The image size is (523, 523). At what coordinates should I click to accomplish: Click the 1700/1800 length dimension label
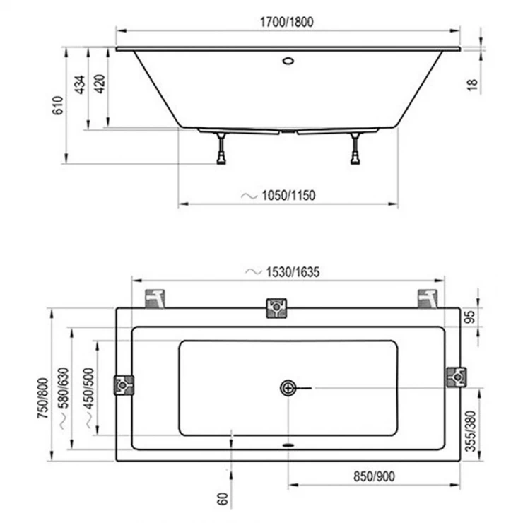point(286,22)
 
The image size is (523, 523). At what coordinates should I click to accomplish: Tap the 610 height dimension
point(58,105)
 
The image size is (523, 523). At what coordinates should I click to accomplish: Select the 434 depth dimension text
point(80,85)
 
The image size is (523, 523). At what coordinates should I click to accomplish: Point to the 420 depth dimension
point(100,83)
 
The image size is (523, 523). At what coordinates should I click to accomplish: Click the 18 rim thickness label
point(472,85)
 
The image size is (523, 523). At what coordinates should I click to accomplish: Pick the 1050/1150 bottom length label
point(288,196)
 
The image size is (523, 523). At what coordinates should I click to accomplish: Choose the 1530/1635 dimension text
point(293,272)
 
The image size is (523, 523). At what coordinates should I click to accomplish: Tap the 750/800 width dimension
point(43,398)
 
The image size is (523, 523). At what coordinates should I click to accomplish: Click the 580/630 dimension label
point(64,388)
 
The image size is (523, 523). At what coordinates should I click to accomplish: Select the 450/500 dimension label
point(89,388)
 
